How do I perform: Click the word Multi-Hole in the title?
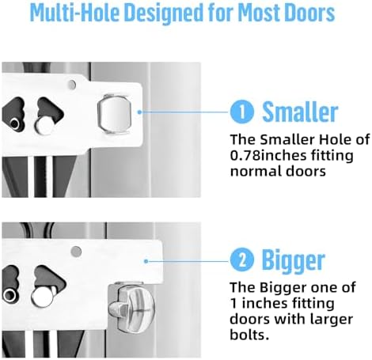pos(74,13)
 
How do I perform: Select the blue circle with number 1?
pos(242,112)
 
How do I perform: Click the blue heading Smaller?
pos(300,112)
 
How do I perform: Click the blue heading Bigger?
pos(293,261)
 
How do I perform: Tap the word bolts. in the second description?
pos(249,335)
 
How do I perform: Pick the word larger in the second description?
pos(331,320)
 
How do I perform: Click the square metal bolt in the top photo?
pos(115,113)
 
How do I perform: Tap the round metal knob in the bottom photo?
pos(132,308)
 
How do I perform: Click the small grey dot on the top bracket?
pos(72,85)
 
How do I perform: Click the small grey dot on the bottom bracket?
pos(76,251)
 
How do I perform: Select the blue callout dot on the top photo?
pos(140,112)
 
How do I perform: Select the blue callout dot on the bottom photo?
pos(146,261)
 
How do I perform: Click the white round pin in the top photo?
pos(44,126)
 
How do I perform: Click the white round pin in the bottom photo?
pos(42,297)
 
